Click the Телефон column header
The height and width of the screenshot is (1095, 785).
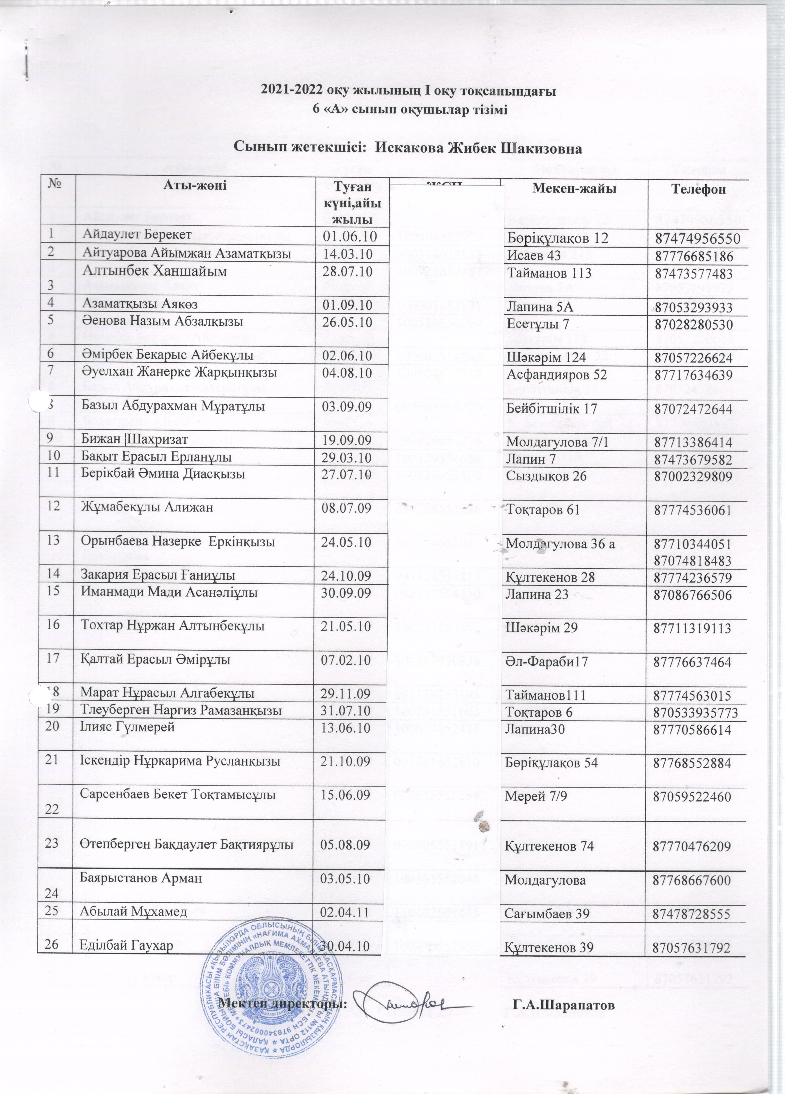click(697, 189)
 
